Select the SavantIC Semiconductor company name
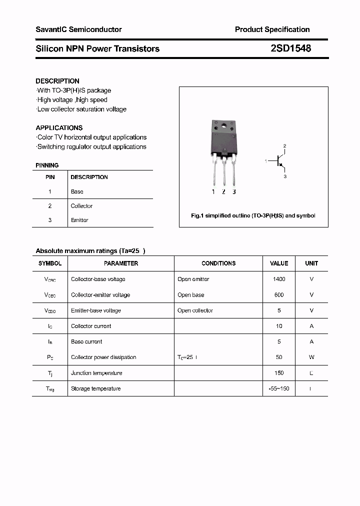(x=78, y=29)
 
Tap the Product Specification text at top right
(x=272, y=29)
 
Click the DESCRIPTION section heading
(x=57, y=81)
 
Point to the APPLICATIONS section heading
(x=59, y=128)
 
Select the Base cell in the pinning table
(x=77, y=191)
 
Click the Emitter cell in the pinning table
(x=79, y=220)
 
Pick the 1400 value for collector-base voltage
(x=279, y=279)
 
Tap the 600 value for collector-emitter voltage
(x=279, y=295)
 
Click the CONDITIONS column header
(x=218, y=263)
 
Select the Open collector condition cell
(x=195, y=310)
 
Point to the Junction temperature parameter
(x=96, y=373)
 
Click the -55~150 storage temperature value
(x=279, y=388)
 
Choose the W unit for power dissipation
(x=311, y=357)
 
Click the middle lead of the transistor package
(x=223, y=175)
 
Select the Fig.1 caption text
(x=253, y=216)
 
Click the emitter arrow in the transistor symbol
(x=281, y=165)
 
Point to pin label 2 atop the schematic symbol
(x=284, y=146)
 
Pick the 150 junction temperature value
(x=279, y=373)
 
